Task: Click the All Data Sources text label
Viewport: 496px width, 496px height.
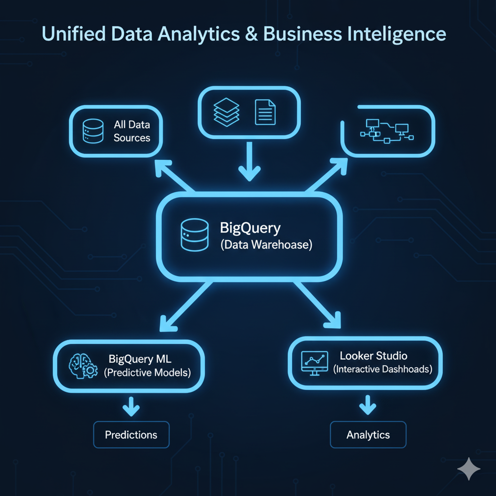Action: pyautogui.click(x=132, y=131)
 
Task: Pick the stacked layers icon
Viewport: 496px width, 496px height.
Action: pyautogui.click(x=227, y=112)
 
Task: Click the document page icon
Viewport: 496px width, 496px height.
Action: pyautogui.click(x=265, y=112)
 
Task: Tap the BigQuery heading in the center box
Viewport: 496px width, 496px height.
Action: pyautogui.click(x=250, y=227)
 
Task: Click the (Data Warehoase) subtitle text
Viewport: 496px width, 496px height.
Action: pyautogui.click(x=266, y=245)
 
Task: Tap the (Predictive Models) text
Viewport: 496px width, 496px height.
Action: pyautogui.click(x=147, y=373)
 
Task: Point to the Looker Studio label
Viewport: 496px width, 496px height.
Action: pyautogui.click(x=373, y=356)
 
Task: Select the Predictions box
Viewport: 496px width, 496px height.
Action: pyautogui.click(x=131, y=434)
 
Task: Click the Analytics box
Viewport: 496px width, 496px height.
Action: pyautogui.click(x=368, y=434)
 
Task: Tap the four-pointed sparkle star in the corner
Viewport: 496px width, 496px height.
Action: pyautogui.click(x=468, y=468)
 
